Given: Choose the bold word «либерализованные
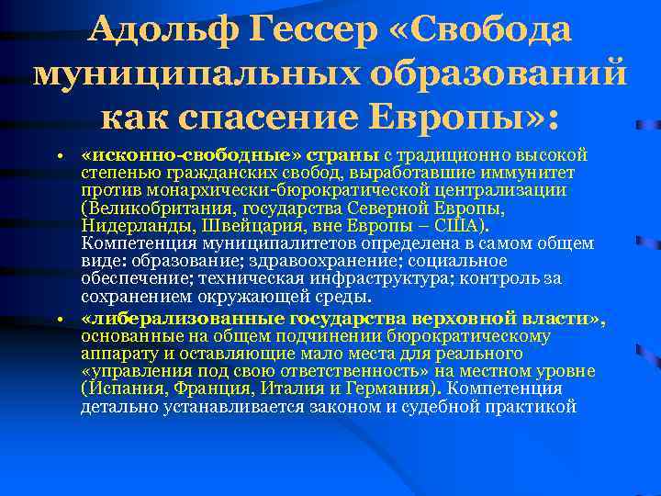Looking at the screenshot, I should [x=183, y=319].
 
